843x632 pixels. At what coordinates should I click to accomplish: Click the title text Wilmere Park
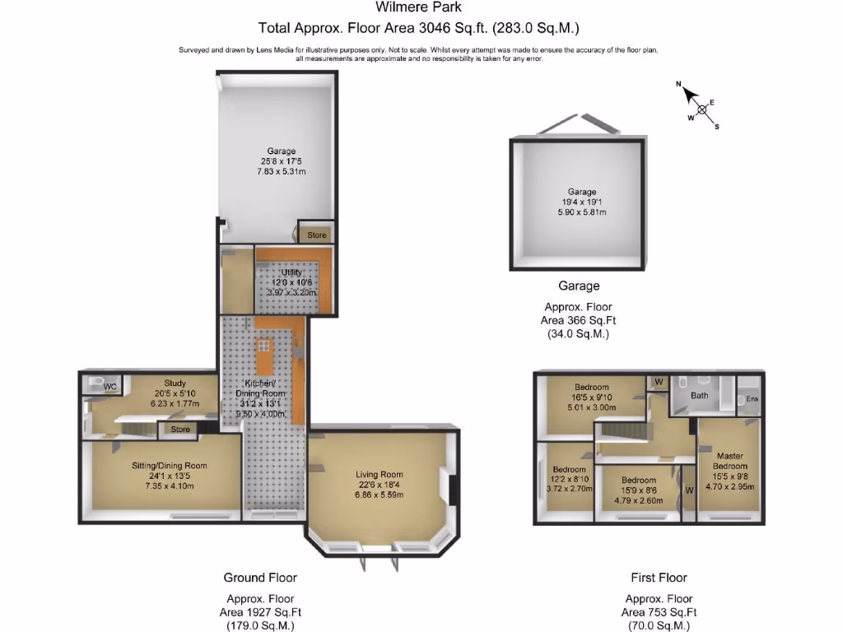[x=419, y=7]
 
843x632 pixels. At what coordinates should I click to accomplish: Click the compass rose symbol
[x=701, y=108]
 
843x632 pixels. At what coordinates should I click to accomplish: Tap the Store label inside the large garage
[x=317, y=235]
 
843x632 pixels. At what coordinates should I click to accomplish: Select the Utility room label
[x=292, y=272]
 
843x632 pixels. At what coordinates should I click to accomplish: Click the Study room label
[x=175, y=383]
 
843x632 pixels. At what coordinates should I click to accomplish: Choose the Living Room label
[x=380, y=474]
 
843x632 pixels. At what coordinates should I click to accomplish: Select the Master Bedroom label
[x=730, y=461]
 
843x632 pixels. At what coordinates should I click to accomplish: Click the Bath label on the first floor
[x=699, y=395]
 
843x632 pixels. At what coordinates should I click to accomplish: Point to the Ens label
[x=752, y=399]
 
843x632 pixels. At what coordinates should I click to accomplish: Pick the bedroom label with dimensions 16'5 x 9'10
[x=592, y=388]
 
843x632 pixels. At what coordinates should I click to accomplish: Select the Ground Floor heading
[x=260, y=578]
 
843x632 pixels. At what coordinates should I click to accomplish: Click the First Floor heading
[x=659, y=578]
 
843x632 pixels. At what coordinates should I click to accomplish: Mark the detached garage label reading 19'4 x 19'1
[x=581, y=202]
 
